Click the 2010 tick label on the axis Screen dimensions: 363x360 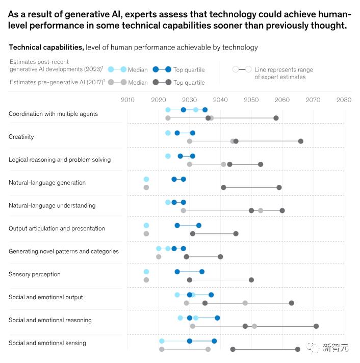pyautogui.click(x=127, y=100)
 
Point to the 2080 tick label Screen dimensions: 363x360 pyautogui.click(x=344, y=100)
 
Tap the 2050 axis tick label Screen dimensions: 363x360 pyautogui.click(x=251, y=100)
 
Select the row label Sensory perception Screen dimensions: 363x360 pyautogui.click(x=35, y=274)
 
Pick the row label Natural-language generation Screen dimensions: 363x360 pyautogui.click(x=47, y=183)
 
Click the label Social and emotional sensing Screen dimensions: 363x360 pyautogui.click(x=47, y=343)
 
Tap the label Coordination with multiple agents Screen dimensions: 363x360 pyautogui.click(x=53, y=114)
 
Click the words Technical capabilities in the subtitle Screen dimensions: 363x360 pyautogui.click(x=46, y=47)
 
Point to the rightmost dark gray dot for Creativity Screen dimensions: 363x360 pyautogui.click(x=301, y=141)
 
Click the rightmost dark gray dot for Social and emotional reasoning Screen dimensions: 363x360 pyautogui.click(x=316, y=326)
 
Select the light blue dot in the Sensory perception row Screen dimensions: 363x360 pyautogui.click(x=146, y=272)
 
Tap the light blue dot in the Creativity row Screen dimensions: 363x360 pyautogui.click(x=168, y=133)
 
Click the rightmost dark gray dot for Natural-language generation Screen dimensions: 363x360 pyautogui.click(x=279, y=187)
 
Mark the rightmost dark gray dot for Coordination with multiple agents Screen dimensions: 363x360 pyautogui.click(x=276, y=118)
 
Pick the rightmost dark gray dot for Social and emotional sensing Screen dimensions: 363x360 pyautogui.click(x=298, y=349)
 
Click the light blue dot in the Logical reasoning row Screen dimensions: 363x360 pyautogui.click(x=168, y=156)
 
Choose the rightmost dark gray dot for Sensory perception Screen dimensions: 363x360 pyautogui.click(x=251, y=280)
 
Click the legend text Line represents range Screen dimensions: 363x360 pyautogui.click(x=284, y=70)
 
